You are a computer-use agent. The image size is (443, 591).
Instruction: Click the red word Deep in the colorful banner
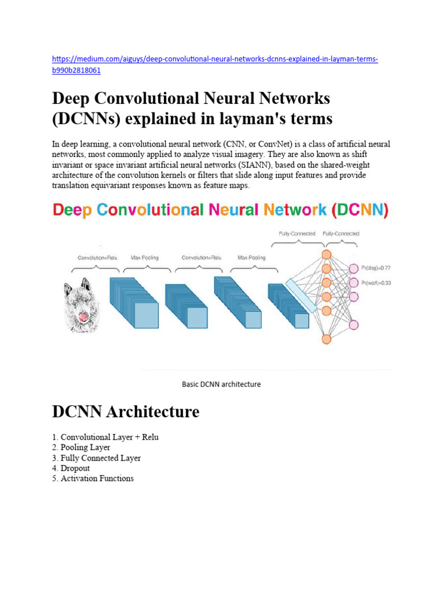pyautogui.click(x=72, y=210)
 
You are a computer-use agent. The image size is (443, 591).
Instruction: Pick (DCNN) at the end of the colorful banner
pyautogui.click(x=361, y=210)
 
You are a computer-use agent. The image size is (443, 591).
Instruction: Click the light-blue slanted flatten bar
pyautogui.click(x=301, y=295)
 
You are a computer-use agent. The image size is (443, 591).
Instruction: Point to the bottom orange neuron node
pyautogui.click(x=326, y=339)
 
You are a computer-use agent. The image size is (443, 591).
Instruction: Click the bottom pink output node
pyautogui.click(x=354, y=324)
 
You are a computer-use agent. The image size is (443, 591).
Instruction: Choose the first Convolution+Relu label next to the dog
pyautogui.click(x=97, y=257)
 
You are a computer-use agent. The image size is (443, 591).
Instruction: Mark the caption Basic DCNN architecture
pyautogui.click(x=221, y=384)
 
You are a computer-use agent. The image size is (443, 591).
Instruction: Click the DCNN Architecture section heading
pyautogui.click(x=126, y=412)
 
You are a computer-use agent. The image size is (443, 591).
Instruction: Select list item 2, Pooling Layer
pyautogui.click(x=81, y=447)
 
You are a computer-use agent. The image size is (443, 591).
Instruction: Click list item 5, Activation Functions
pyautogui.click(x=93, y=478)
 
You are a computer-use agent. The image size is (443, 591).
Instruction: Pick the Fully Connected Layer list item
pyautogui.click(x=96, y=458)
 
